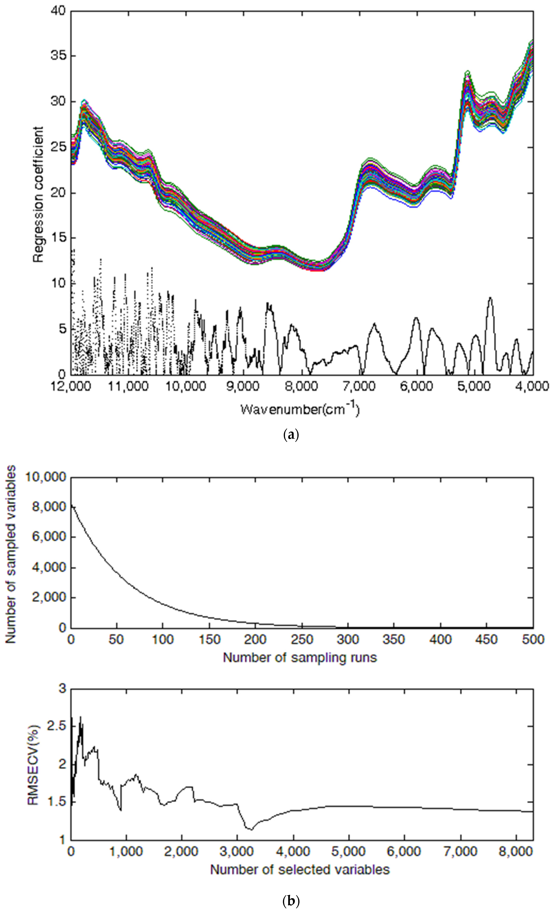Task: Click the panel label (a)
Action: [x=290, y=434]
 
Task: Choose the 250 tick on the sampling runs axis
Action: [x=302, y=640]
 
